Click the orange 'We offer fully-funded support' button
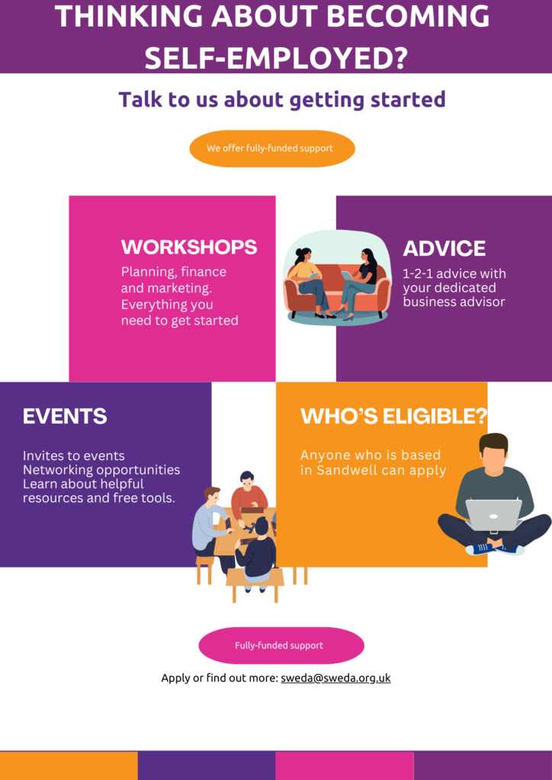(x=272, y=149)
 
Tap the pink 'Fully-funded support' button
(x=281, y=645)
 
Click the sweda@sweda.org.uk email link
(x=335, y=678)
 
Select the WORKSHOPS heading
(x=189, y=248)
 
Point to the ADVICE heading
(x=444, y=248)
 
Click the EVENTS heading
(x=65, y=416)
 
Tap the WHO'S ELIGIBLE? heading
(x=393, y=416)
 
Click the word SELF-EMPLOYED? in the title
(x=276, y=58)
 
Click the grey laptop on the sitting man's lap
(x=493, y=515)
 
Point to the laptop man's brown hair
(x=494, y=441)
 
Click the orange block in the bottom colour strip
(x=69, y=766)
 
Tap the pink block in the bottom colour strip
(x=345, y=766)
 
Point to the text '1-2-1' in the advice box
(x=418, y=273)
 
